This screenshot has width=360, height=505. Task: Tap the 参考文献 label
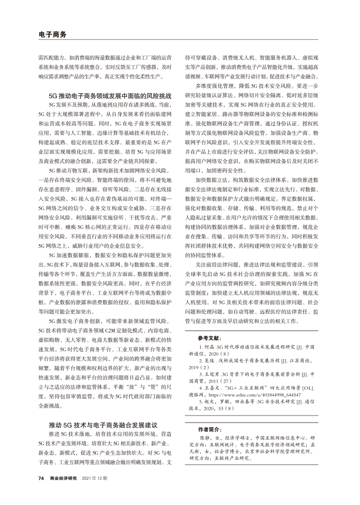coord(209,338)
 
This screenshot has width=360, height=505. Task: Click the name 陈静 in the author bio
coord(205,438)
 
